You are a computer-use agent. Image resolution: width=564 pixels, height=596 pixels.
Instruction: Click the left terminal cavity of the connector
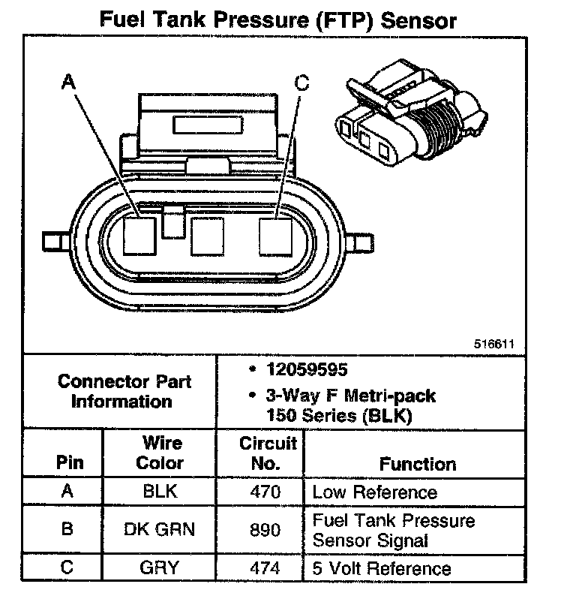coord(139,236)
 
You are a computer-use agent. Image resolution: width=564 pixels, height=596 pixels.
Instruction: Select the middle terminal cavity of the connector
coord(207,236)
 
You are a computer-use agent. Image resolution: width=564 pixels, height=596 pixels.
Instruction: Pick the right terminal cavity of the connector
coord(275,236)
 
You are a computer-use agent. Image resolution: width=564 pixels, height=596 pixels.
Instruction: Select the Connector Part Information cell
coord(124,390)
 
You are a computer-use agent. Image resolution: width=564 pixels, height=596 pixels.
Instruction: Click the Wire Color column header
coord(159,453)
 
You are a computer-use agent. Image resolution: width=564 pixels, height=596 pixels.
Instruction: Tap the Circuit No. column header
coord(268,453)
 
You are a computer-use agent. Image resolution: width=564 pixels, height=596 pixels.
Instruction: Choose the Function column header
coord(417,464)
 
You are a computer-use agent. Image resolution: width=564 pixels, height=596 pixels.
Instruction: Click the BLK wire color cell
coord(159,492)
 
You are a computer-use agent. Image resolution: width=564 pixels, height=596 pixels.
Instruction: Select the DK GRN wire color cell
coord(159,529)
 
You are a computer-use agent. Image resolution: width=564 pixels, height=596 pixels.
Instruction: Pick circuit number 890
coord(265,529)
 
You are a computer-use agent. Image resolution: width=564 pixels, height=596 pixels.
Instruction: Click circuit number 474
coord(265,567)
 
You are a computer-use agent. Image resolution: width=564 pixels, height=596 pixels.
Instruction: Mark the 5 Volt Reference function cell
coord(382,568)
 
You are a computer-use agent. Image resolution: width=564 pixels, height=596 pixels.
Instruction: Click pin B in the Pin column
coord(66,529)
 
